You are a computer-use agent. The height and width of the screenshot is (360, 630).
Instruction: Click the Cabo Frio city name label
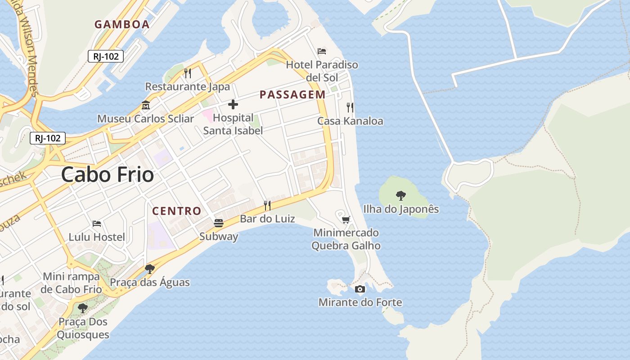pyautogui.click(x=108, y=175)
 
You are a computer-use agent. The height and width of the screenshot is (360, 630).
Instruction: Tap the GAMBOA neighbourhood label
pyautogui.click(x=122, y=25)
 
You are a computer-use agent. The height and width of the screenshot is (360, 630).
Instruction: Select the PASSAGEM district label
pyautogui.click(x=292, y=94)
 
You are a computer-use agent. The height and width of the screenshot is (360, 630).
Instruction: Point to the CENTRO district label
pyautogui.click(x=177, y=211)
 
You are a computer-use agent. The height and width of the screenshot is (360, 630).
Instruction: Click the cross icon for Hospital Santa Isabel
pyautogui.click(x=233, y=105)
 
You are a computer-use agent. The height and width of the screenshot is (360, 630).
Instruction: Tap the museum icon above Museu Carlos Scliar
pyautogui.click(x=146, y=106)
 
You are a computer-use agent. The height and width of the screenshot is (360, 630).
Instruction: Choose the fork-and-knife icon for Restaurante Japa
pyautogui.click(x=188, y=73)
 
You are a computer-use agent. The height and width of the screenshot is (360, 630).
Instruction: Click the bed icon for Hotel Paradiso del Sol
pyautogui.click(x=322, y=51)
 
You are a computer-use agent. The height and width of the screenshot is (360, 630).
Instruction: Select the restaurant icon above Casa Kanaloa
pyautogui.click(x=350, y=108)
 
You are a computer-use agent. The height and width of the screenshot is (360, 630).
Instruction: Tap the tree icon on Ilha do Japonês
pyautogui.click(x=400, y=196)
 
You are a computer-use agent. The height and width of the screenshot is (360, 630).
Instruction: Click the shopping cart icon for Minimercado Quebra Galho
pyautogui.click(x=346, y=220)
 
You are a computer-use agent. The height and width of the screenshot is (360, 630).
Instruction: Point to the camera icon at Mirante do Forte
pyautogui.click(x=360, y=289)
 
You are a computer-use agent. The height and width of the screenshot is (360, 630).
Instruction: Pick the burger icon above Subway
pyautogui.click(x=219, y=223)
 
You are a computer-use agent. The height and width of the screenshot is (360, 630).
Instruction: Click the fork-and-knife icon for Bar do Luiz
pyautogui.click(x=267, y=206)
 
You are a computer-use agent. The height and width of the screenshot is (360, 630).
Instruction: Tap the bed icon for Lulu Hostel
pyautogui.click(x=97, y=224)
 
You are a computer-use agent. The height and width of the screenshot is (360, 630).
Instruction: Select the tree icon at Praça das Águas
pyautogui.click(x=150, y=269)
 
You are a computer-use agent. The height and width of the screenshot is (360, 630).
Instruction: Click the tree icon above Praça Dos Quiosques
pyautogui.click(x=83, y=308)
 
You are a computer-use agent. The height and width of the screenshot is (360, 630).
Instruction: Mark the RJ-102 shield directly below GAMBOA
pyautogui.click(x=106, y=56)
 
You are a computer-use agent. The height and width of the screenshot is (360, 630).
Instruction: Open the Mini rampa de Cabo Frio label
pyautogui.click(x=72, y=283)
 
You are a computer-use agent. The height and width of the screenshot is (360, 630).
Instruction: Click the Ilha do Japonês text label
pyautogui.click(x=400, y=209)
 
